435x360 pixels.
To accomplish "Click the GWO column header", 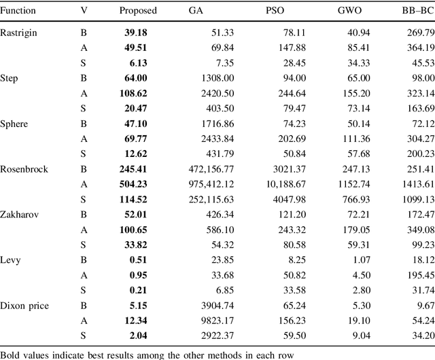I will click(349, 11).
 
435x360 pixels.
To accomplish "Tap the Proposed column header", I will click(138, 11).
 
